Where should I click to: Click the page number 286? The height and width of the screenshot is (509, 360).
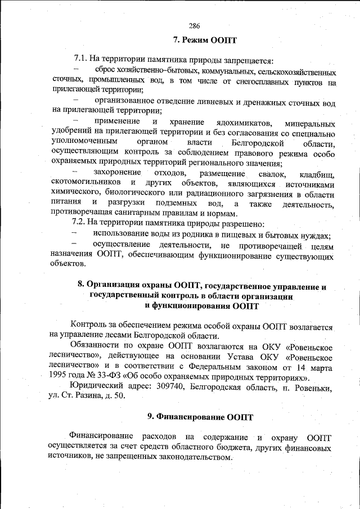[x=195, y=26]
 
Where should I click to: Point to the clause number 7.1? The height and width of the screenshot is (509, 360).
[x=82, y=60]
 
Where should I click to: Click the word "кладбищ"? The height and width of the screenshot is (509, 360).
[x=317, y=174]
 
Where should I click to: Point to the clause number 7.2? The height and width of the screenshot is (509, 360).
[x=82, y=224]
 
